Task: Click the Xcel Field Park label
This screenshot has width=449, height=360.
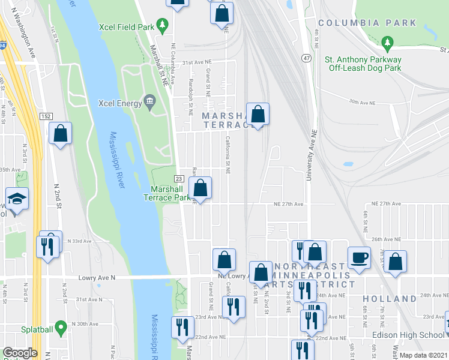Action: point(126,26)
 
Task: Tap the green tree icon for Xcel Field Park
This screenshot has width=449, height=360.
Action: point(161,25)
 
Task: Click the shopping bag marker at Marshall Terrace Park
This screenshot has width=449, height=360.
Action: point(200,188)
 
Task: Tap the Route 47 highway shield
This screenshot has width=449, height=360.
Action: point(307,58)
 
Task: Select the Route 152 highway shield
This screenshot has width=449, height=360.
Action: point(46,115)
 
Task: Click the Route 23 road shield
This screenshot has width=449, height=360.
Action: point(178,178)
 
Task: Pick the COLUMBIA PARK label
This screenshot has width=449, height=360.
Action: point(367,23)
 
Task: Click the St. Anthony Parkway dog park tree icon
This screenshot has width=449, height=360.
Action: point(388,43)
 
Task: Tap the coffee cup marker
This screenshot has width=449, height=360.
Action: point(360,257)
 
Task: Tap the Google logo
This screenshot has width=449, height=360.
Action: point(20,353)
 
